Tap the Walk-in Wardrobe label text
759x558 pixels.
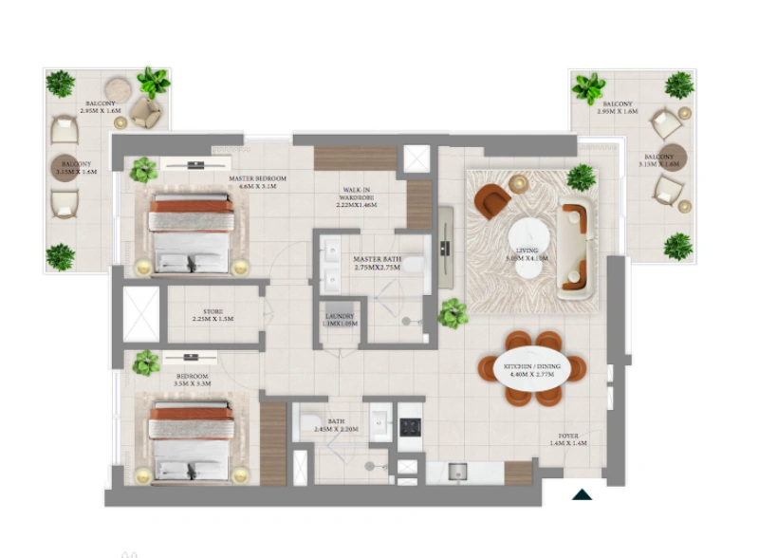(356, 197)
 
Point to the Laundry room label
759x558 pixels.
(340, 321)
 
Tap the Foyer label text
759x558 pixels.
(568, 438)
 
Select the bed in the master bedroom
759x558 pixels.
(191, 232)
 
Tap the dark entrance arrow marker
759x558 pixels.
(582, 493)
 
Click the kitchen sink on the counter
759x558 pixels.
(455, 471)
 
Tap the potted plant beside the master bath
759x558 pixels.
(453, 312)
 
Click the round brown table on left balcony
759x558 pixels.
(63, 168)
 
